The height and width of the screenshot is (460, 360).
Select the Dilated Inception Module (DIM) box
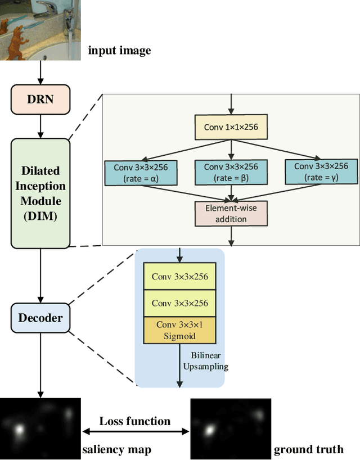(40, 193)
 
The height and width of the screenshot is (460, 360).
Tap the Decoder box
(40, 318)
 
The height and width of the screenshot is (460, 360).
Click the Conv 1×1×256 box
(231, 128)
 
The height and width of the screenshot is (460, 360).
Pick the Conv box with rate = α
(141, 172)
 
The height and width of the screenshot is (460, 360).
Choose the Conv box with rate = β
(231, 172)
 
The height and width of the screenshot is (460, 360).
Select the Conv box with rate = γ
(321, 172)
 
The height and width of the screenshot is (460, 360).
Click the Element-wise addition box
(231, 213)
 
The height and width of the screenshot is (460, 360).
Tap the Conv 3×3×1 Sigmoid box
(180, 330)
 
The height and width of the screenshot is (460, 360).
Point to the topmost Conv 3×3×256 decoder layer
(180, 277)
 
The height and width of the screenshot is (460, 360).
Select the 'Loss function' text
(134, 421)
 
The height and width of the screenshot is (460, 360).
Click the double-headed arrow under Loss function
(136, 432)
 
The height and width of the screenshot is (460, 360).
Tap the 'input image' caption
(119, 51)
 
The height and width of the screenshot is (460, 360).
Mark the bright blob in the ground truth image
(209, 430)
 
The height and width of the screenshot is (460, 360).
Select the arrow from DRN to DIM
(40, 125)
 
